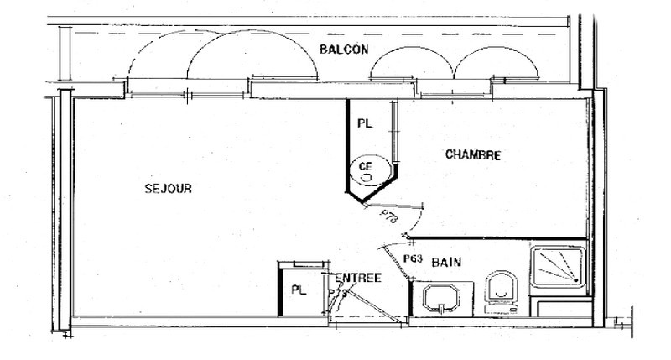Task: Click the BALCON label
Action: [344, 49]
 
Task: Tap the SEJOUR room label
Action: [169, 189]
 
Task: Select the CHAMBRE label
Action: [473, 154]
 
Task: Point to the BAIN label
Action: [445, 263]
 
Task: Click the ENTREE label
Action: [359, 278]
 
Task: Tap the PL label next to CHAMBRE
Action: [364, 123]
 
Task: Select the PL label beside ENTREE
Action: [298, 290]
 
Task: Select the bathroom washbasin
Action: [441, 298]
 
